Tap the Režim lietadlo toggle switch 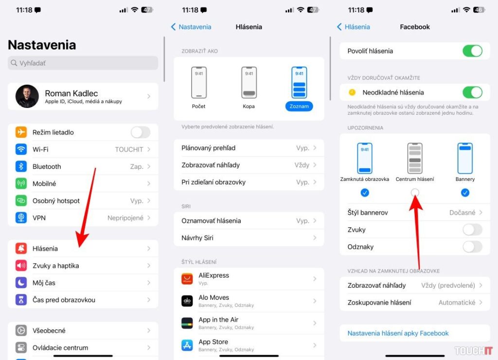click(141, 132)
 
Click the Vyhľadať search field click(83, 63)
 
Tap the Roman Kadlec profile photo click(27, 96)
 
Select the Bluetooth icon click(21, 166)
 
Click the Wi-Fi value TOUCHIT click(129, 149)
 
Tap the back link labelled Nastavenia click(191, 27)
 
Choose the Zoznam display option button click(299, 106)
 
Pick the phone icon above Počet click(198, 82)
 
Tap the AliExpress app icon click(187, 279)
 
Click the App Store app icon click(187, 345)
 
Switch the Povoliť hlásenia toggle click(472, 51)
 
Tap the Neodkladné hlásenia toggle click(472, 92)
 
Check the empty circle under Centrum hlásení click(415, 193)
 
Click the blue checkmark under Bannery click(465, 193)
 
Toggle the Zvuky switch click(472, 230)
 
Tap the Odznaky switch click(472, 247)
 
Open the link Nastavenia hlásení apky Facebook click(398, 333)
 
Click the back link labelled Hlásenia click(354, 27)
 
